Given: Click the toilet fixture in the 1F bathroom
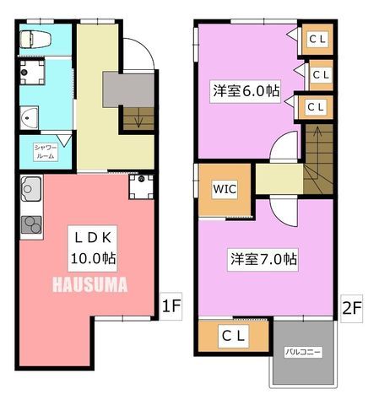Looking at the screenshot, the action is pos(35,39).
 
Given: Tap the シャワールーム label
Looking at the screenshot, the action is pos(46,152).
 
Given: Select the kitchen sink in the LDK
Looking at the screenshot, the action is pos(31,188).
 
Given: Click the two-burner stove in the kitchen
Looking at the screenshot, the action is pos(31,224).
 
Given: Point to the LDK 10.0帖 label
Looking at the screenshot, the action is pos(93,248).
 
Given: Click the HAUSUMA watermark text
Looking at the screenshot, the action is pos(90,284).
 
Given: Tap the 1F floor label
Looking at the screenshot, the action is pos(171,306).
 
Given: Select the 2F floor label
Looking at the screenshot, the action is pos(352,309).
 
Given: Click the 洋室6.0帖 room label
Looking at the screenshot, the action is pos(246,91).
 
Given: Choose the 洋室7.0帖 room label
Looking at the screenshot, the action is pos(263,259).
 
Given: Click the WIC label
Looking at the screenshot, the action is pos(225,189).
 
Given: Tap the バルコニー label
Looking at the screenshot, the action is pos(303,352).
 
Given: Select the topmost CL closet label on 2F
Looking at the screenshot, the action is pos(317,39).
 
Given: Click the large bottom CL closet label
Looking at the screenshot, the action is pos(234,336).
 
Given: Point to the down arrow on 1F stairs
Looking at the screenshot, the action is pos(138,120).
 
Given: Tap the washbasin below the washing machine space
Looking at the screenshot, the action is pos(30,118).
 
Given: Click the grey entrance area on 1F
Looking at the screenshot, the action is pos(128,89).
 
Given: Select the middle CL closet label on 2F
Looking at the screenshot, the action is pos(321,75).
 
